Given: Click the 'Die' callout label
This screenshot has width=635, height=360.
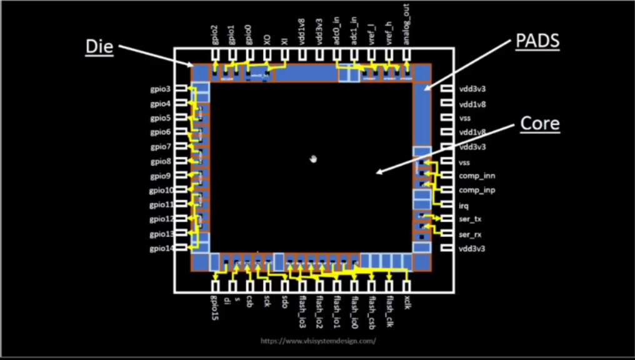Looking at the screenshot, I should (99, 47).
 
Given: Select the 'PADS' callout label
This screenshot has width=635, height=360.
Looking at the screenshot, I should (537, 41).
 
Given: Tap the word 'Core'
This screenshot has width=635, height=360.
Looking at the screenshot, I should (540, 124).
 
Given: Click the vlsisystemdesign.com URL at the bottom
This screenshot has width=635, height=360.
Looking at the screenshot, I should (317, 341).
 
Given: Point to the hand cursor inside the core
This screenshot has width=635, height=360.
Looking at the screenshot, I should (314, 159).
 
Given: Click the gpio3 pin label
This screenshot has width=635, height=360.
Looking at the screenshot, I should (160, 89).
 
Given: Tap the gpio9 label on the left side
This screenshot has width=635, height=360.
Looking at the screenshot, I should (160, 176).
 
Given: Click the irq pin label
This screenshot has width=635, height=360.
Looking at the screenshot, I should (464, 205).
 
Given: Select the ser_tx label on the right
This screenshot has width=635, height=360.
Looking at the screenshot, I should (469, 219).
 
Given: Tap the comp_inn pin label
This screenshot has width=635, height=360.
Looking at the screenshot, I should (476, 176).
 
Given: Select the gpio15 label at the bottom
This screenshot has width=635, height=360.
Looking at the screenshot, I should (214, 307).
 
